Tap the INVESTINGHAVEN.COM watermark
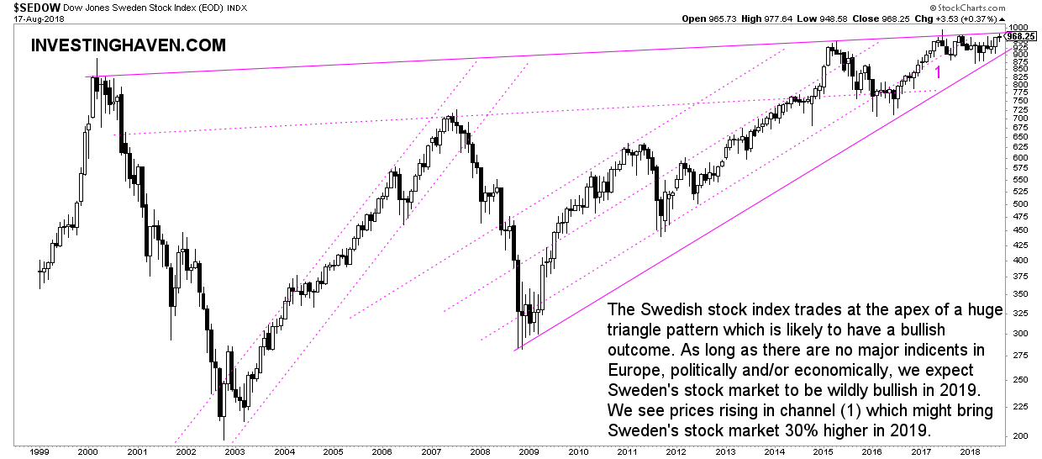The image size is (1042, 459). [128, 46]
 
